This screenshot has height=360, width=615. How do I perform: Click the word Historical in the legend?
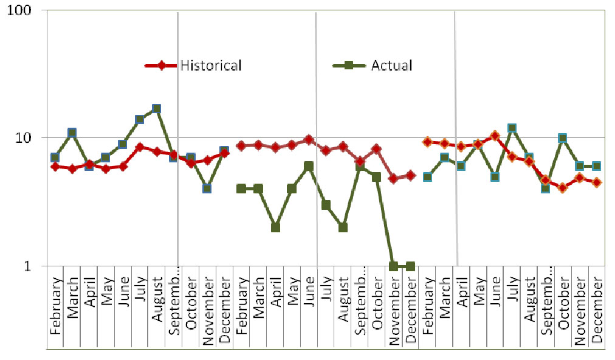coord(211,66)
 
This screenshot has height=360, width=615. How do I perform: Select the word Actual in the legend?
coord(391,66)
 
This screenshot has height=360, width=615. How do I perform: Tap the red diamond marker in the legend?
coord(161,66)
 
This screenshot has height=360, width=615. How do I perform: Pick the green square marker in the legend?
coord(349,66)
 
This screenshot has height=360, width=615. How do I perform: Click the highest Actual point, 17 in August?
coord(156,109)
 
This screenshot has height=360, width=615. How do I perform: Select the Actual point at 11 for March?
coord(72,133)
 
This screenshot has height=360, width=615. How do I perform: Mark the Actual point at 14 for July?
coord(139,119)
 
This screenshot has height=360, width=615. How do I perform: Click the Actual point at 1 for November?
coord(393,266)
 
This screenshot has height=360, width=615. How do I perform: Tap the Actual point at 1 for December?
coord(410,266)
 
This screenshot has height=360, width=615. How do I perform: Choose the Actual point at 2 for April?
coord(275,227)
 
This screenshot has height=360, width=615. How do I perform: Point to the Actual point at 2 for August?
coord(343,227)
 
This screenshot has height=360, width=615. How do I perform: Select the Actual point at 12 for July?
coord(512,128)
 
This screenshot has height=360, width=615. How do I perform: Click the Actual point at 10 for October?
coord(563,138)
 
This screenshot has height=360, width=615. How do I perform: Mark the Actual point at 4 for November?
coord(207,189)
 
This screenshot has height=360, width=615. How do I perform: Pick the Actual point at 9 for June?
coord(122,144)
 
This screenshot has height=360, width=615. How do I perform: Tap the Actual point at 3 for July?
coord(326,205)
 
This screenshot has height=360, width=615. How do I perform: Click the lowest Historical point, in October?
coord(563,188)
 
